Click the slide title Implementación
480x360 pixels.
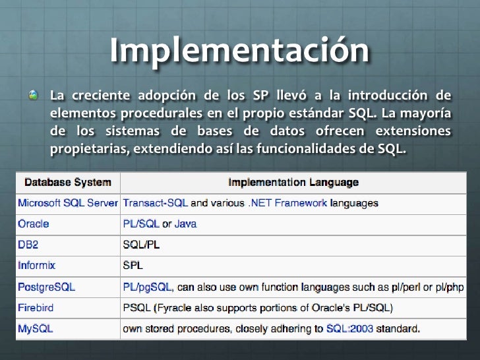(x=239, y=51)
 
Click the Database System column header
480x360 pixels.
(x=68, y=182)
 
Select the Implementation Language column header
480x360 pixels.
(x=293, y=182)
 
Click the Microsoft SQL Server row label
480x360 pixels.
(x=68, y=203)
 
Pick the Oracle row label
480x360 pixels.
(x=34, y=224)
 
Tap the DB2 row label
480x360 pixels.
(x=28, y=245)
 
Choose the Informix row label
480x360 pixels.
(x=37, y=266)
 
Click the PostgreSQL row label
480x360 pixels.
(x=47, y=287)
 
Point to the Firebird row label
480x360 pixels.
(x=36, y=307)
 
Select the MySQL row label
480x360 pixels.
(x=36, y=328)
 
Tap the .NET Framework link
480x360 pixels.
(x=287, y=203)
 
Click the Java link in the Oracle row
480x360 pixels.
(x=185, y=224)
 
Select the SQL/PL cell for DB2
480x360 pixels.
(x=142, y=245)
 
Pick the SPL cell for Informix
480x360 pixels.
(x=133, y=266)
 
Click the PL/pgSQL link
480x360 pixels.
(x=148, y=287)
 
